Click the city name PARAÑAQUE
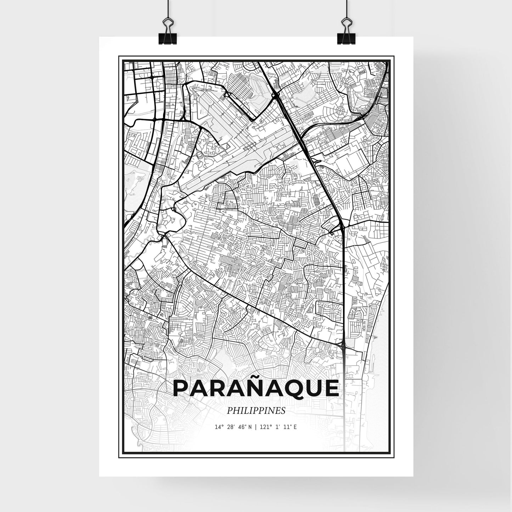click(x=256, y=388)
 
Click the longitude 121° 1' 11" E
click(x=278, y=427)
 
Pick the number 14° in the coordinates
click(x=219, y=427)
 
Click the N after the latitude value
click(x=250, y=427)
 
